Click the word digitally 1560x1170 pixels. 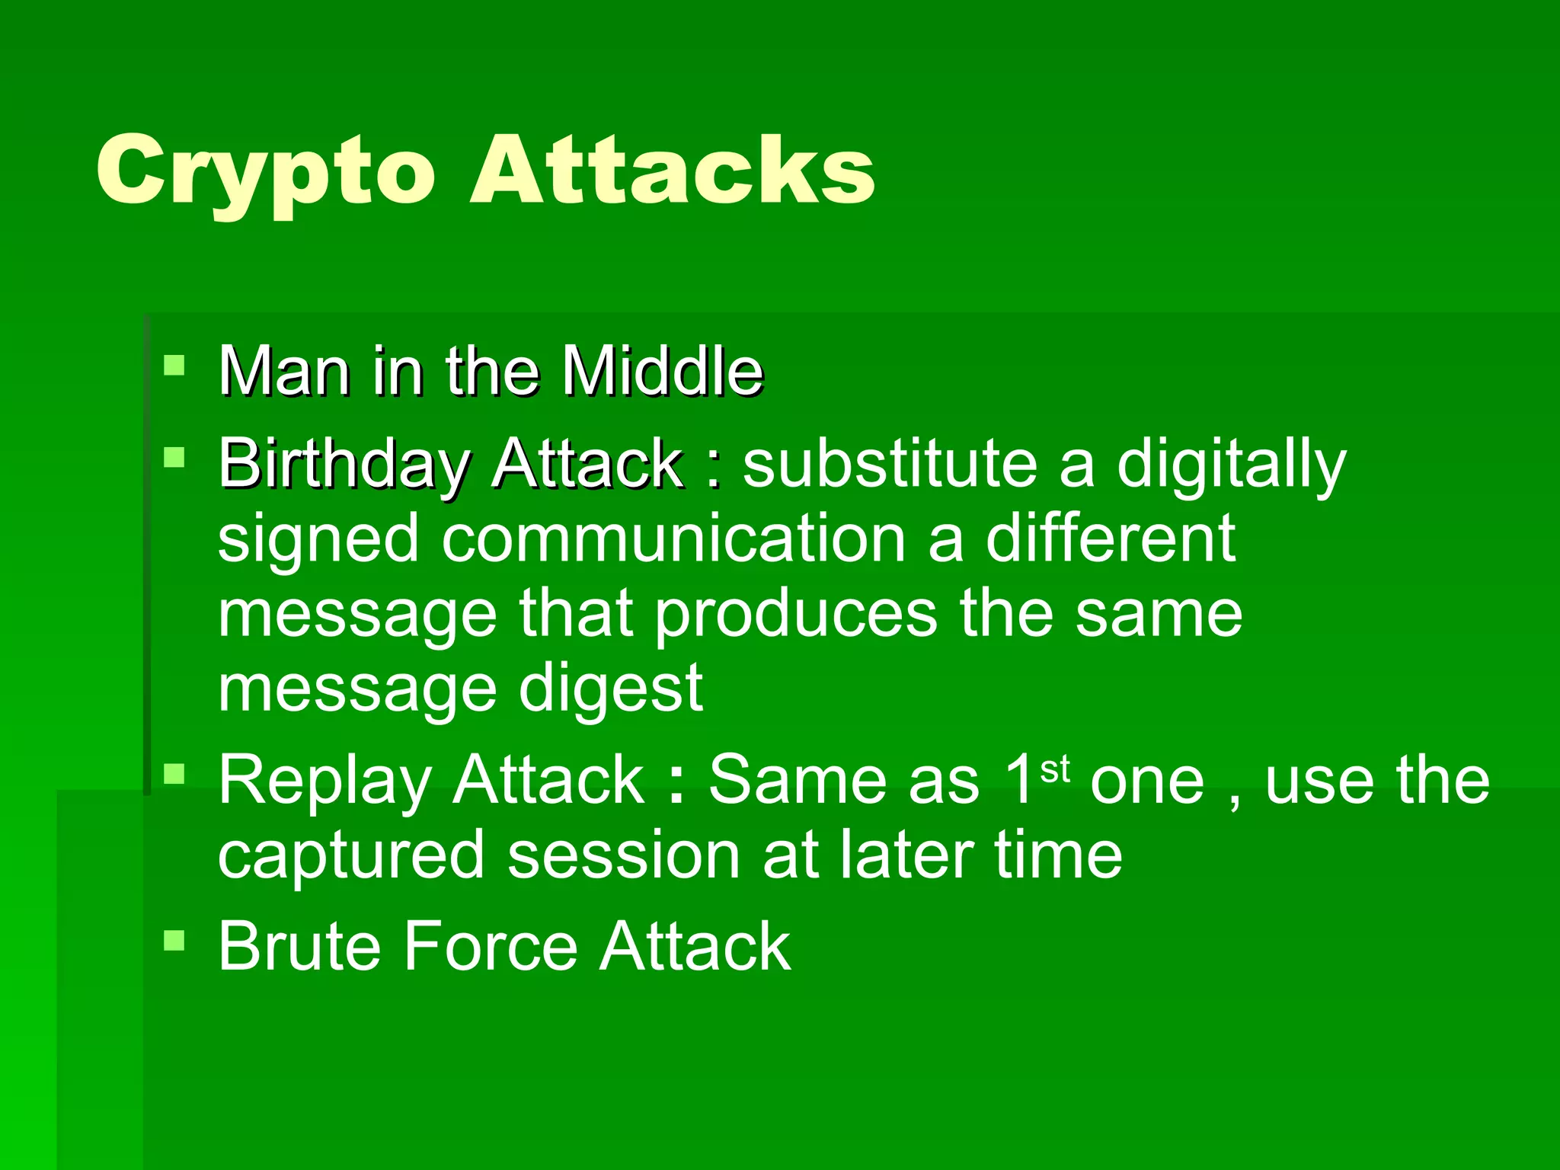pos(1231,466)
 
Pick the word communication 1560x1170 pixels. pos(673,539)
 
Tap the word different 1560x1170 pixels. pos(1111,539)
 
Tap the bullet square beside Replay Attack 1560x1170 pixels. pos(174,774)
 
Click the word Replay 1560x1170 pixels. pos(324,781)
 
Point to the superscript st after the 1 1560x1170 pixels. pos(1055,769)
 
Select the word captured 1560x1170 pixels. pos(350,856)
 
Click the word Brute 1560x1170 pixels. pos(299,947)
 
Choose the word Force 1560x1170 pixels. pos(491,947)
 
